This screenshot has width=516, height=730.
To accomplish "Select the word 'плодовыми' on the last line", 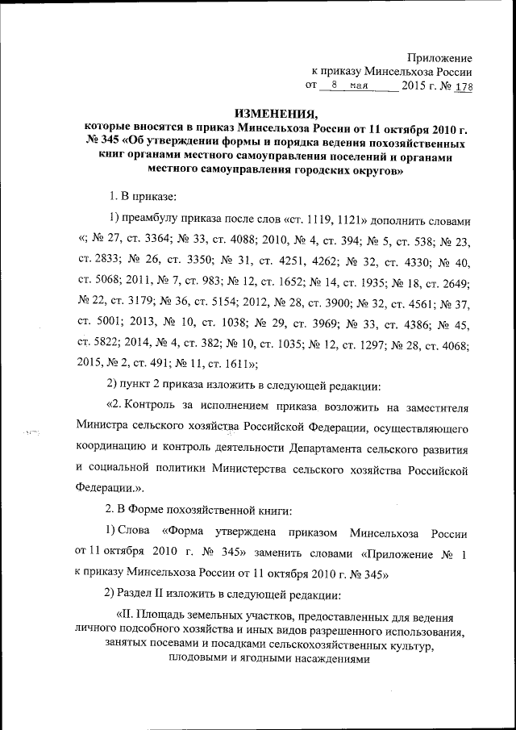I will coord(197,658).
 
